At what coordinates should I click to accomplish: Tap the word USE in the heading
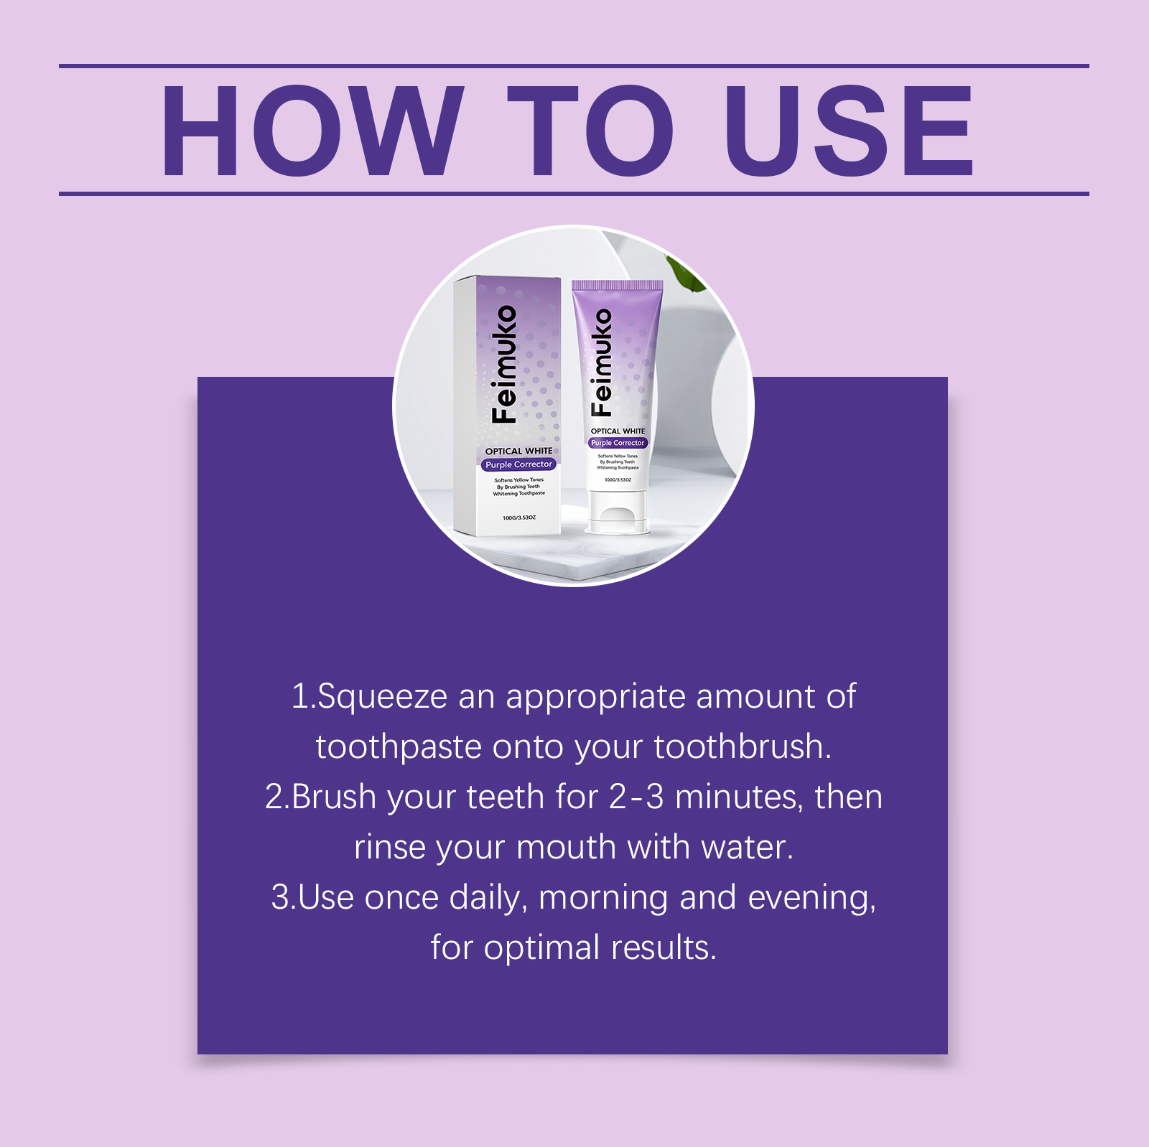[x=849, y=131]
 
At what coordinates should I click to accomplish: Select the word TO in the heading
[x=590, y=131]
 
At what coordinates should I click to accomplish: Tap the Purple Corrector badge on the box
[x=518, y=464]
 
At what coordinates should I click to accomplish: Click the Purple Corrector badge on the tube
[x=618, y=443]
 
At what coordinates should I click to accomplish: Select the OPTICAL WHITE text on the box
[x=518, y=451]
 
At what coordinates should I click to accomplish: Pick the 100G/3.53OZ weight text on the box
[x=519, y=518]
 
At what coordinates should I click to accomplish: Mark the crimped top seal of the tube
[x=617, y=285]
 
